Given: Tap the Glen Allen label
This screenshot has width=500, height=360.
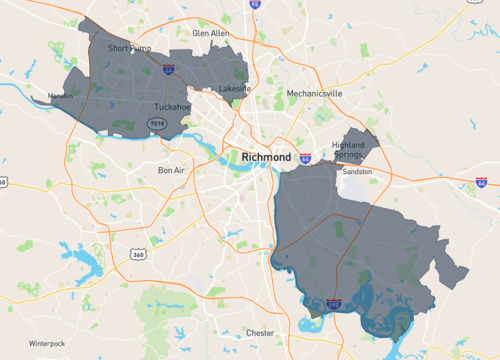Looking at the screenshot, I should (210, 33).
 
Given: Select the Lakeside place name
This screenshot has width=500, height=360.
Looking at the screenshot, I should (236, 88).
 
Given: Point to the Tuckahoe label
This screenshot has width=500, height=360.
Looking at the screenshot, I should (172, 106).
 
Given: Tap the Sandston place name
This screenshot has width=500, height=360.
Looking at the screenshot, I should (357, 171).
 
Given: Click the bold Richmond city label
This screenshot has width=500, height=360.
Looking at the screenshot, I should (266, 158).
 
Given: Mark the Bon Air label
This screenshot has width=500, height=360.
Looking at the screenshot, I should (172, 170).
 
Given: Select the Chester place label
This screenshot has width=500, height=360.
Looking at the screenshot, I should (260, 332).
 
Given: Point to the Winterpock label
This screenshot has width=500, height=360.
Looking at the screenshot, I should (46, 343).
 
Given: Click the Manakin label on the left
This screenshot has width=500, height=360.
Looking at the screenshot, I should (58, 97).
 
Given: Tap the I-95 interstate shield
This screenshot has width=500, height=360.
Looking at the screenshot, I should (255, 5).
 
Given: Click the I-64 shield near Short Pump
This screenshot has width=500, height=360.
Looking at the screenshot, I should (168, 69).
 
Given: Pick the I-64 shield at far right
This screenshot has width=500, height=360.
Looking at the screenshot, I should (482, 182).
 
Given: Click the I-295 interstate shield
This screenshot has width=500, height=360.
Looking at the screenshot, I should (332, 301).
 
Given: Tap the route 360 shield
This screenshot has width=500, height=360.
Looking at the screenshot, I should (139, 254).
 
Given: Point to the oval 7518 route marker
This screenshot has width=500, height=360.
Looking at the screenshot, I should (156, 123).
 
